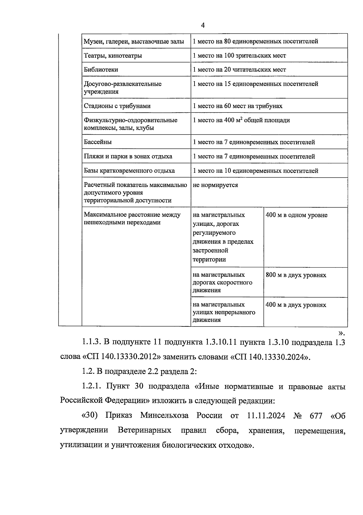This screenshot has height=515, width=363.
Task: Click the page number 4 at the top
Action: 203,25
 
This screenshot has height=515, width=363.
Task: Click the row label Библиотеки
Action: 101,70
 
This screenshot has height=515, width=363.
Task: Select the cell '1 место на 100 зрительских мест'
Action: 239,55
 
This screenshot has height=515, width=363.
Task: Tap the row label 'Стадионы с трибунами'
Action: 117,106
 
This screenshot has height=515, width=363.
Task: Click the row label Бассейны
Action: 97,142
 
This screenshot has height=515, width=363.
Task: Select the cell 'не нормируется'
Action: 215,185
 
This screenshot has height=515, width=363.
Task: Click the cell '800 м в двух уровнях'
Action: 296,275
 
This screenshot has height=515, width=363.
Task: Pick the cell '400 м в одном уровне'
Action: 296,215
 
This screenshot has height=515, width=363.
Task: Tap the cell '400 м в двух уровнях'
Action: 296,305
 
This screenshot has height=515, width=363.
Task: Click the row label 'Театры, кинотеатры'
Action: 113,55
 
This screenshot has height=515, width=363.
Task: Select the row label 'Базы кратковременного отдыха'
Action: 129,171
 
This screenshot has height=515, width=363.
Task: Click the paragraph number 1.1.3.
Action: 90,342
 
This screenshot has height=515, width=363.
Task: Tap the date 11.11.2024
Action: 266,416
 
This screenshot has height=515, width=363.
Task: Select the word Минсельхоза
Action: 164,416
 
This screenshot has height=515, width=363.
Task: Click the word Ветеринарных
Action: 144,430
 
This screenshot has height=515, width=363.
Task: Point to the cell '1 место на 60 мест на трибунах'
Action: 237,106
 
